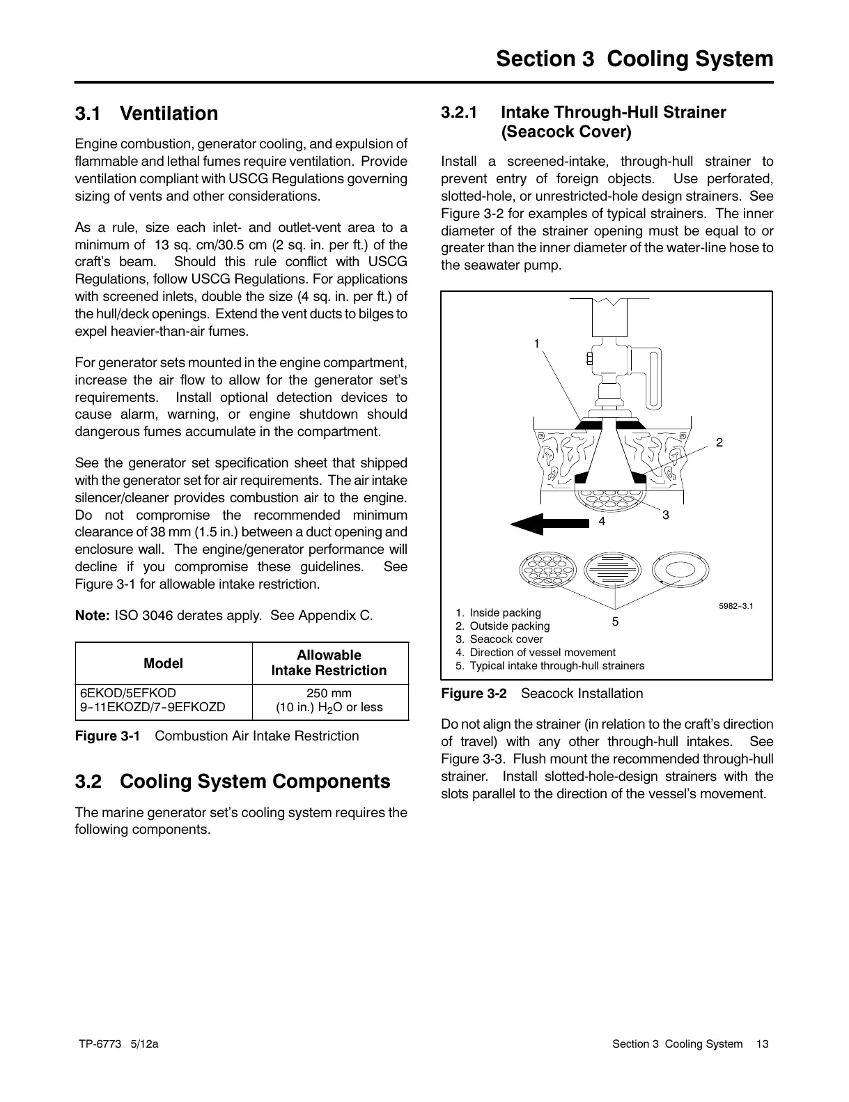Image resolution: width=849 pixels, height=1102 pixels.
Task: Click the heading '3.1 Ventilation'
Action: coord(146,114)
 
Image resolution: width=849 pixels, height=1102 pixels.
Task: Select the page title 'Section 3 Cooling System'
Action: coord(634,59)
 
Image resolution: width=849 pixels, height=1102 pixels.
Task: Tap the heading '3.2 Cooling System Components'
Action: coord(233,782)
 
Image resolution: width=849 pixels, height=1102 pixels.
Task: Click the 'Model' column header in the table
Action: coord(163,663)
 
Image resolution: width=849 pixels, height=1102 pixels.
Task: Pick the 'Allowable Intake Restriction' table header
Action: coord(329,662)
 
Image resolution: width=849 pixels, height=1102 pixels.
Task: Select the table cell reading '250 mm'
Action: coord(329,693)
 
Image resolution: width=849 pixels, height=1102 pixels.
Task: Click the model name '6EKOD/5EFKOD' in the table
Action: coord(129,693)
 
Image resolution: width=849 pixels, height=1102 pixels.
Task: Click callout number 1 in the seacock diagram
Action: coord(537,343)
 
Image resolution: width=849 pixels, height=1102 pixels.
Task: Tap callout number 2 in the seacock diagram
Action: coord(719,443)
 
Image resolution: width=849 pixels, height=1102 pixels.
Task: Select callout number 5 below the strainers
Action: coord(615,621)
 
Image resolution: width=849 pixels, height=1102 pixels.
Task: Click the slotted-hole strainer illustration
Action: coord(609,571)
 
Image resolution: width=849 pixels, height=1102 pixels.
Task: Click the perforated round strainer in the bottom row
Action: coord(545,571)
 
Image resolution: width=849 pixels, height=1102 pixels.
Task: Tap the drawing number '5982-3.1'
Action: coord(735,605)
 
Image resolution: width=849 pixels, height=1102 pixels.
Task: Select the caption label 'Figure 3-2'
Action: coord(474,694)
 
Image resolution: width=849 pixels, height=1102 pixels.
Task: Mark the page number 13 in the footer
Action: coord(763,1044)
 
